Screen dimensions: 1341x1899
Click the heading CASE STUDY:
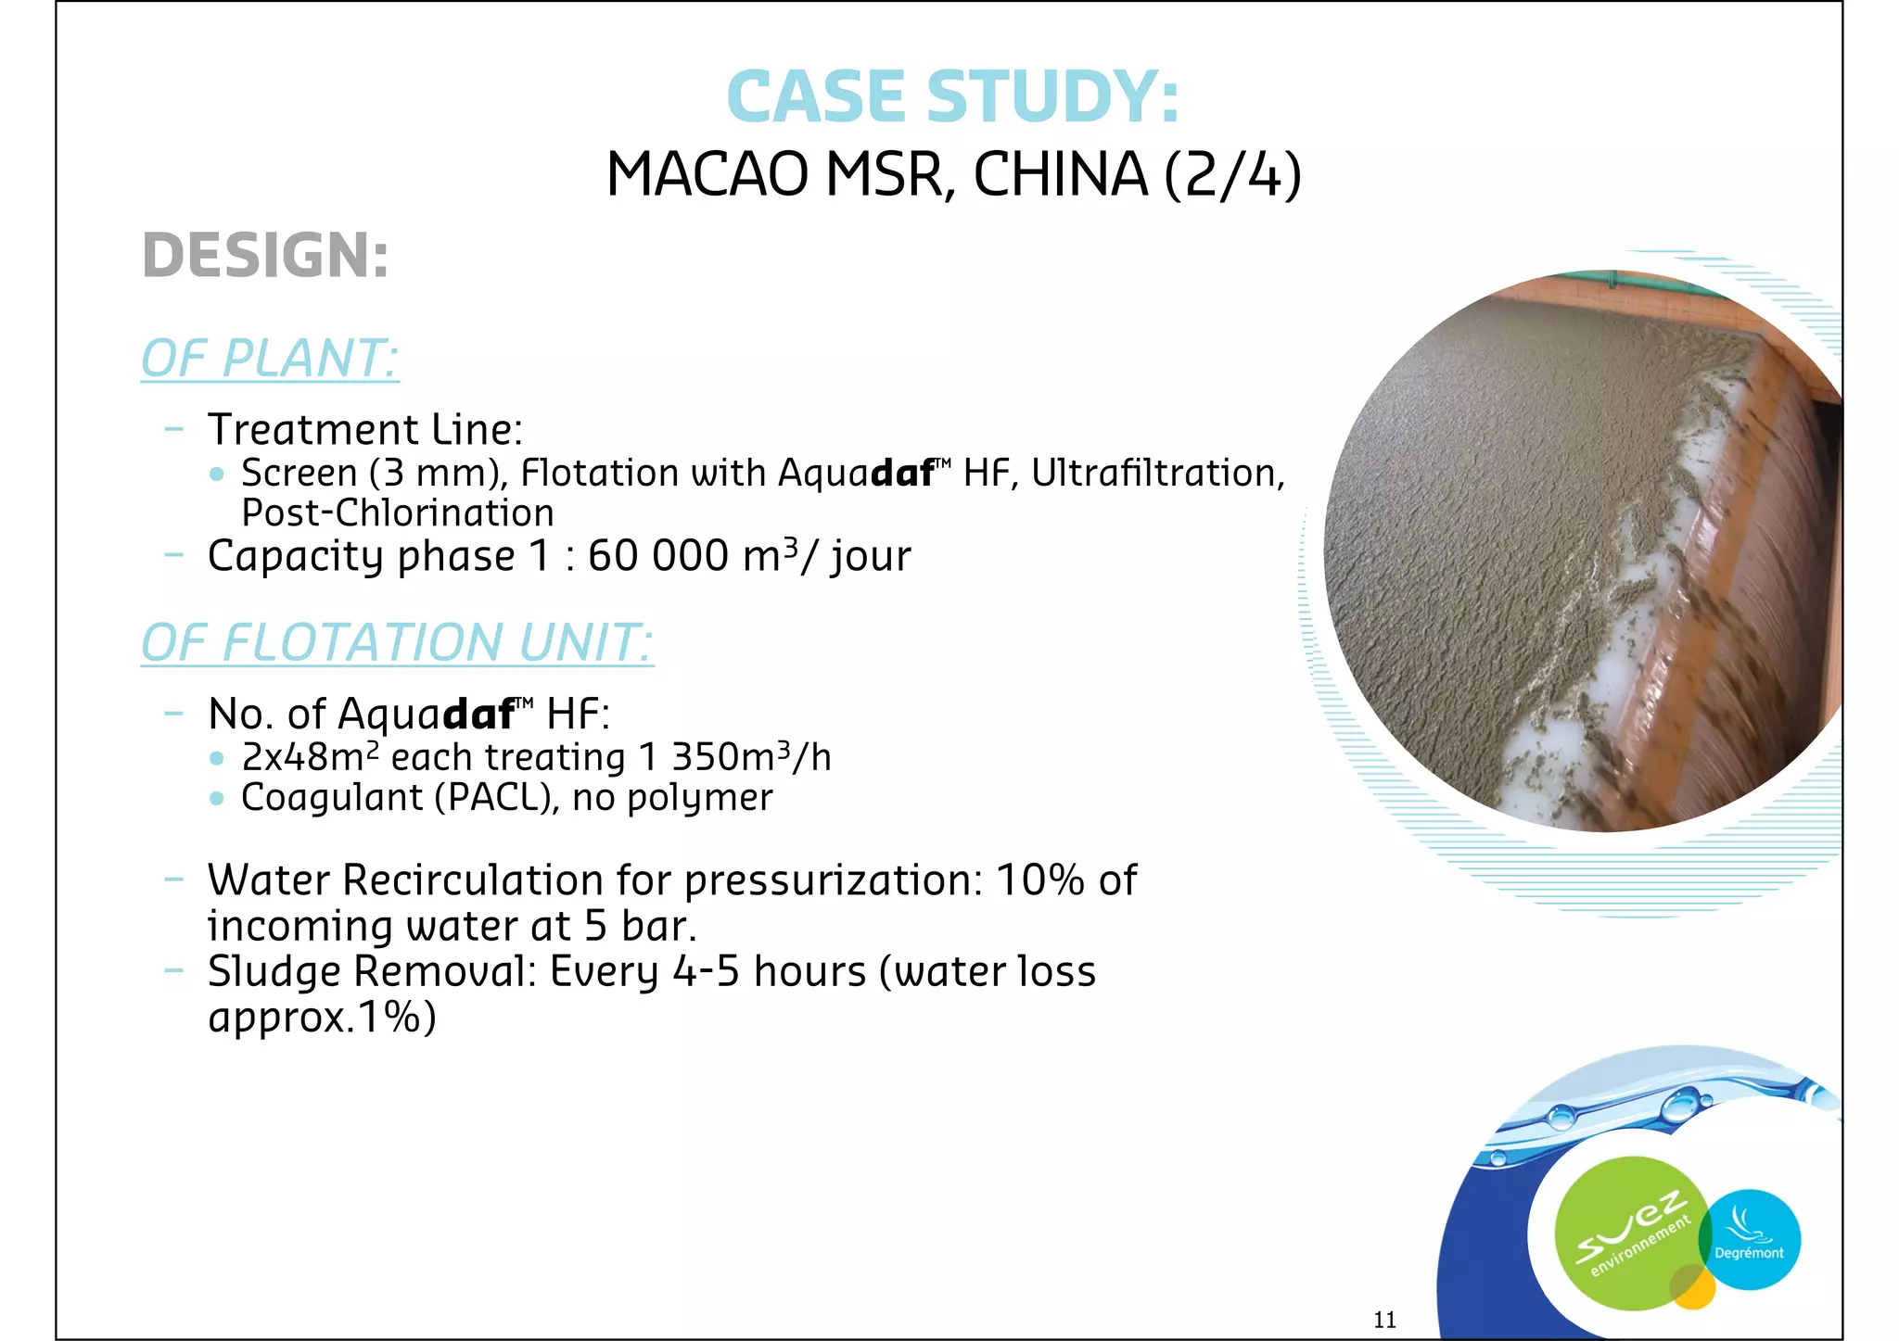point(952,96)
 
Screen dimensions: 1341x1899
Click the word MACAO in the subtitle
point(707,175)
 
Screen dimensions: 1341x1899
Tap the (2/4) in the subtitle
point(1232,175)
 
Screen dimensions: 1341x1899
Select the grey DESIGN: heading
point(265,256)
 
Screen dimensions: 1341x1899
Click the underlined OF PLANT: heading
point(270,359)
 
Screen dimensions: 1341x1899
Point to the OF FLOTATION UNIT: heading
point(397,643)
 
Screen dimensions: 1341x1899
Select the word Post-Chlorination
point(398,513)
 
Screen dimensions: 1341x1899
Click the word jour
point(871,558)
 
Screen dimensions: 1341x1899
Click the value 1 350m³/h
point(734,757)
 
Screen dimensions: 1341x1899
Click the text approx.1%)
point(322,1018)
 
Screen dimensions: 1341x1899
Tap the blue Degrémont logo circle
point(1751,1240)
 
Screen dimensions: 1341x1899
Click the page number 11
point(1384,1320)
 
